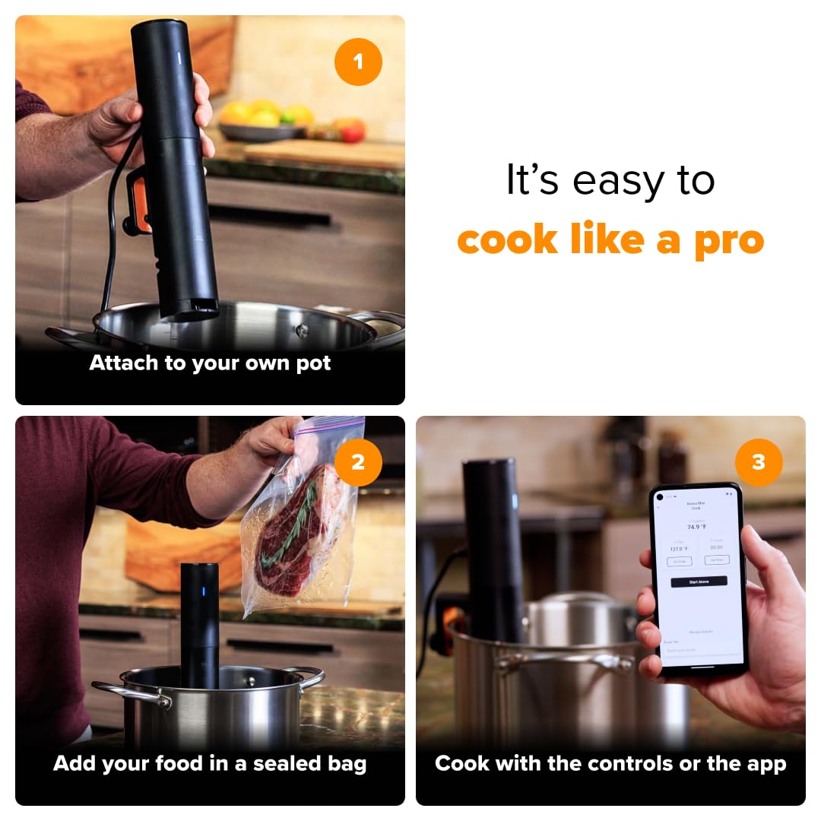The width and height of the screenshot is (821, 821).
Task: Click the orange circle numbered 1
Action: coord(357,61)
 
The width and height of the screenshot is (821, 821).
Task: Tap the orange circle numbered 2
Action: coord(357,462)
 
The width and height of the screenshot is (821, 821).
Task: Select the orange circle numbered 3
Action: coord(758,462)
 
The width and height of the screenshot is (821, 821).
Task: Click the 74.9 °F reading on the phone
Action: coord(698,526)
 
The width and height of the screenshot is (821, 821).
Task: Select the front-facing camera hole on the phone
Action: coord(661,496)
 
